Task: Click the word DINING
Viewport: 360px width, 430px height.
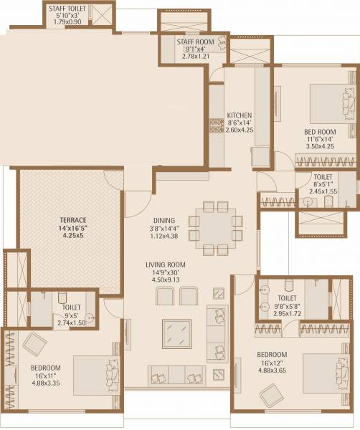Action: [164, 221]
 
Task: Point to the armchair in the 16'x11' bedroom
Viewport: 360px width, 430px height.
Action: [35, 345]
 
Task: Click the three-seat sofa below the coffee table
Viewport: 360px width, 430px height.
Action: [176, 374]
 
